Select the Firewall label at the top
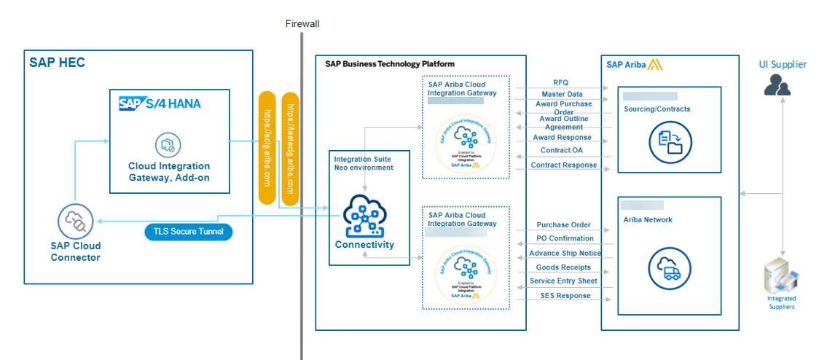pos(302,24)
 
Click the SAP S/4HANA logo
pos(160,103)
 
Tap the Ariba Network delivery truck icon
pos(669,269)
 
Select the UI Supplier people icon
pos(777,87)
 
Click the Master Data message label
pos(562,94)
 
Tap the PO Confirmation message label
pos(565,238)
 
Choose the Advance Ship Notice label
pos(565,253)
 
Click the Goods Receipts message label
pos(563,267)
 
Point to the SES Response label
pos(565,295)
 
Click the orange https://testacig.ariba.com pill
pos(290,149)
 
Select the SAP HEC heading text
pos(57,63)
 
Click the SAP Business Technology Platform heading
pos(389,64)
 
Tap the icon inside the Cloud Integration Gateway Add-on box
pos(169,145)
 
